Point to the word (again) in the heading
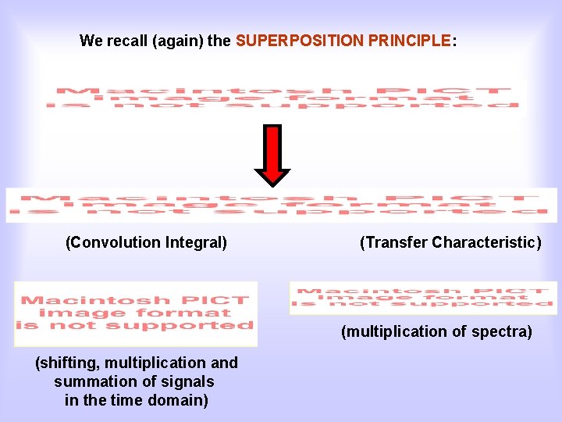[179, 41]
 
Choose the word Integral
[197, 243]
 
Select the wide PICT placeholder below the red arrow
[281, 205]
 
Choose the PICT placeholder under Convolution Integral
[135, 313]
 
